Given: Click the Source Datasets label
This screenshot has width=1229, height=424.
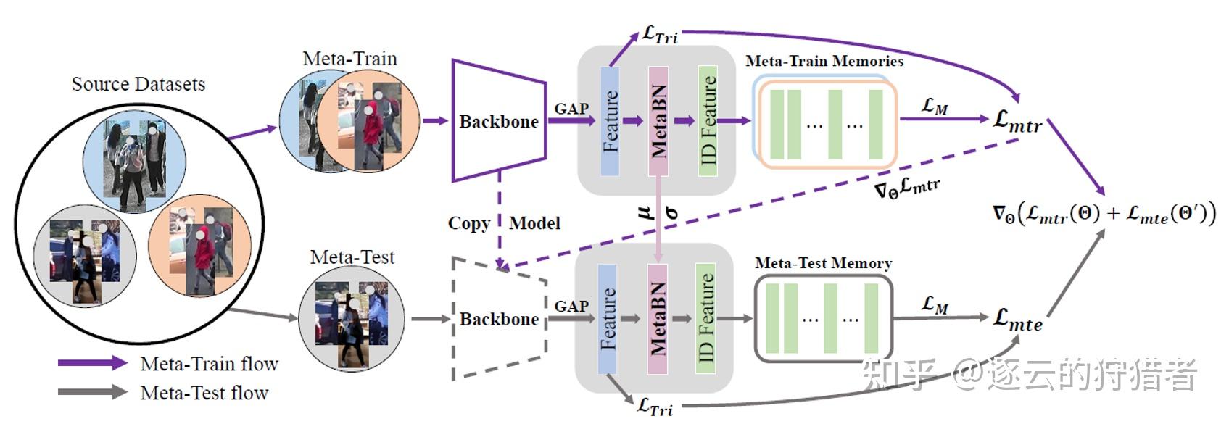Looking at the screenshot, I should (138, 84).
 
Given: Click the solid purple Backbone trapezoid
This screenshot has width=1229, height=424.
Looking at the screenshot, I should (498, 121).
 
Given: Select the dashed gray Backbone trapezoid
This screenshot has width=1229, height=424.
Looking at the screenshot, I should (498, 319).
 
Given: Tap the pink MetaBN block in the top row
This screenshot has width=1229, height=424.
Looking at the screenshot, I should (658, 121).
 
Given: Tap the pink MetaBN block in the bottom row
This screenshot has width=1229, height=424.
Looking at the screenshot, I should (657, 319).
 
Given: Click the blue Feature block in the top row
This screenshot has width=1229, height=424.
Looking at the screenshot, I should (610, 121).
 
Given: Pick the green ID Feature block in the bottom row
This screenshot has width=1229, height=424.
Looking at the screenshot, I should (705, 319).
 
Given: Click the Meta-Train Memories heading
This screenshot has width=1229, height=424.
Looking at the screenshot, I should (824, 62).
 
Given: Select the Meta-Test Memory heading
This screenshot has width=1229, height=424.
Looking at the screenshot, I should (823, 263).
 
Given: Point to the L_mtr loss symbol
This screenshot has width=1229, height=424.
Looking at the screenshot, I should (1017, 121).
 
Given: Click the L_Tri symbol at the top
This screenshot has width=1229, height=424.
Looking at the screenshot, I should (660, 35).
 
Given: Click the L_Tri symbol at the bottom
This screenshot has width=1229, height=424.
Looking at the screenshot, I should (655, 407).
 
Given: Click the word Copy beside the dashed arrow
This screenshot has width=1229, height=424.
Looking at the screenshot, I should (468, 223).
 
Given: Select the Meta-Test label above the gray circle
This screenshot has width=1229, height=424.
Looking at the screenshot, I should (352, 257).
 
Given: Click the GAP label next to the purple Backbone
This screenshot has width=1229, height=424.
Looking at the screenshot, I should (571, 109).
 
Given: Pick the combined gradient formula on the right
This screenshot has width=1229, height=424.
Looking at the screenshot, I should (1104, 214).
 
